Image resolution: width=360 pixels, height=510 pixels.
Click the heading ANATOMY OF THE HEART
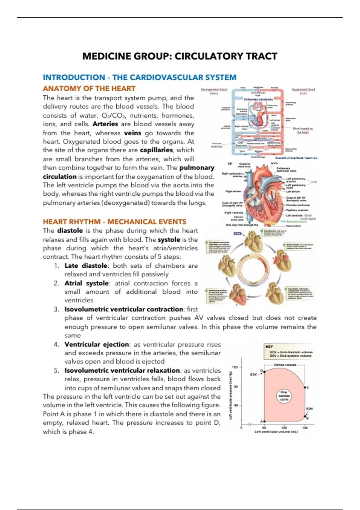89,88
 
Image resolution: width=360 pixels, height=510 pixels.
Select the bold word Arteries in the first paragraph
105,124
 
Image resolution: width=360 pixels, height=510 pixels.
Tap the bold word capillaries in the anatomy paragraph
156,150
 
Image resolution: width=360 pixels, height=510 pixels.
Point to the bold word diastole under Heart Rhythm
70,231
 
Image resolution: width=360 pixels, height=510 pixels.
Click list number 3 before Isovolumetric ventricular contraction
57,309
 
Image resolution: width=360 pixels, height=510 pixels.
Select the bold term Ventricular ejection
97,344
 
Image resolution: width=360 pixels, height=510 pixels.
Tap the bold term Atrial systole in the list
86,283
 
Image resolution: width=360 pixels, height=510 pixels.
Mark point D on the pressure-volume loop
264,372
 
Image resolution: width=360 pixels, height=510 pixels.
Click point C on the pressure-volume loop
305,388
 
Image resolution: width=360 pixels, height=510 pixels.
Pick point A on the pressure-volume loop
264,421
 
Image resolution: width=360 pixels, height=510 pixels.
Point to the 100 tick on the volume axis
284,427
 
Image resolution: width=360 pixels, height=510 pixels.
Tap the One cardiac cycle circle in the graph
284,396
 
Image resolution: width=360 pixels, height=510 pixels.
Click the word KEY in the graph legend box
269,346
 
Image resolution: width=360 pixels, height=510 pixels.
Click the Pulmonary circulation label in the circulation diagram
258,99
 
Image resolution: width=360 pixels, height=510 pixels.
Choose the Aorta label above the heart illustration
274,163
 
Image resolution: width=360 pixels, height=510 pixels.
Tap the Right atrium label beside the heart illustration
234,191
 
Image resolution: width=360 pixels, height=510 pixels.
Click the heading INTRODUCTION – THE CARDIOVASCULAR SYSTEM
139,77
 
